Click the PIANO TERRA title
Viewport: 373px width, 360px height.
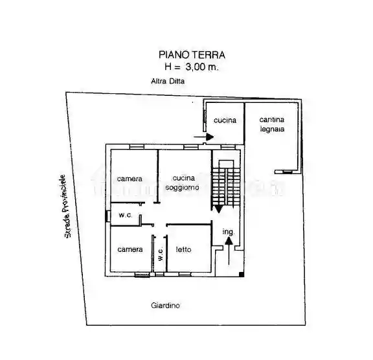(192, 55)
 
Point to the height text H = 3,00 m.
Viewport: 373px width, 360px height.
(192, 67)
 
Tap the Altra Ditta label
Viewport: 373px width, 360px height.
(168, 82)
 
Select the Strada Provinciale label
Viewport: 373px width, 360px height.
(65, 206)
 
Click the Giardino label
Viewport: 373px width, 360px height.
(165, 306)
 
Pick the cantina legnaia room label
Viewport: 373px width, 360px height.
(272, 124)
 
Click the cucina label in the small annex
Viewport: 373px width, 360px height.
(225, 120)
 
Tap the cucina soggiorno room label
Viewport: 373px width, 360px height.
(183, 183)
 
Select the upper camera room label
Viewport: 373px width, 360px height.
(130, 179)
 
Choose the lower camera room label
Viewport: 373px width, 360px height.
(130, 249)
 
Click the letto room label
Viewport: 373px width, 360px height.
(184, 249)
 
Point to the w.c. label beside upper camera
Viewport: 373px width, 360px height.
(126, 215)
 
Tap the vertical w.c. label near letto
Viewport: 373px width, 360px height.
(161, 253)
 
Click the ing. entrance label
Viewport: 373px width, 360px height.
(229, 232)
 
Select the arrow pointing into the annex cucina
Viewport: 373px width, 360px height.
(203, 137)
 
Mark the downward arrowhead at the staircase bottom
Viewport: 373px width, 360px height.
(219, 209)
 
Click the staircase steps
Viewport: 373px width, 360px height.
(226, 186)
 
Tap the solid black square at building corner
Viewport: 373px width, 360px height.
(242, 274)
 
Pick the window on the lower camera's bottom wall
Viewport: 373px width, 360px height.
(142, 275)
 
